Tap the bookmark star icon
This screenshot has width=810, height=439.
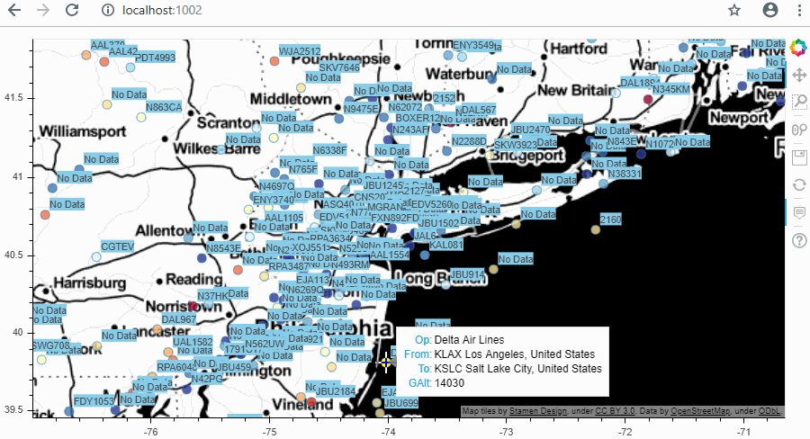point(734,11)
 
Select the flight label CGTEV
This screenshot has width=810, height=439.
point(117,246)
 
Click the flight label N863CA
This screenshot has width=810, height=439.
point(164,107)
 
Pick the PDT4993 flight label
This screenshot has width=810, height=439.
point(155,58)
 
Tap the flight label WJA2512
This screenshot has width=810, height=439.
point(300,51)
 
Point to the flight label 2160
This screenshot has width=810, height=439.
point(610,219)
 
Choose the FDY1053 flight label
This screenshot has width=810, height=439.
point(94,401)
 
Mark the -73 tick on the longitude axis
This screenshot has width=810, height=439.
point(506,432)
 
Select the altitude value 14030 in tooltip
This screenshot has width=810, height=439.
point(449,383)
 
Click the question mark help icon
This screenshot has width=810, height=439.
point(798,241)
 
